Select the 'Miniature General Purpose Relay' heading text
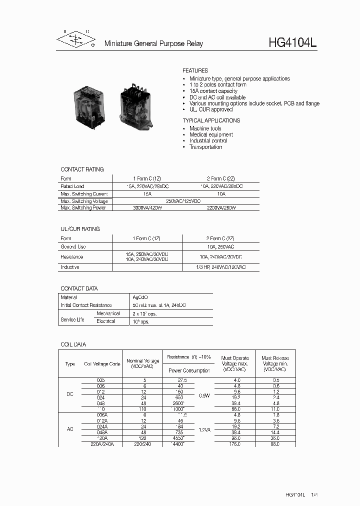153,44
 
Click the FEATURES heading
195,71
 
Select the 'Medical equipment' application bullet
211,134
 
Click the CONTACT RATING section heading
82,169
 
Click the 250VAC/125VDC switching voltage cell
183,200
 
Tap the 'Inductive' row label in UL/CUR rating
70,267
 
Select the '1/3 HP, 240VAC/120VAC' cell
220,267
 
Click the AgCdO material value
140,297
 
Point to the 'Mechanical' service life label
108,313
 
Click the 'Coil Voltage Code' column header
102,364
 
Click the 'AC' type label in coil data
70,428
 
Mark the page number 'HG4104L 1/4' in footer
301,494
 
